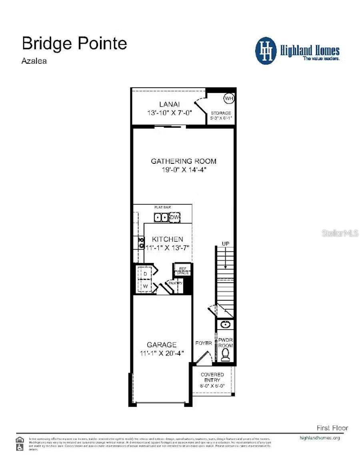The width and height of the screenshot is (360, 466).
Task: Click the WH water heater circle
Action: pyautogui.click(x=228, y=98)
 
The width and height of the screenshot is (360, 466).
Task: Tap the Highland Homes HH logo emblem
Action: pyautogui.click(x=266, y=51)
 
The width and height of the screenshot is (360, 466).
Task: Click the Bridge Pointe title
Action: pyautogui.click(x=74, y=43)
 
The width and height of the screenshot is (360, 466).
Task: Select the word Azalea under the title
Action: pyautogui.click(x=34, y=62)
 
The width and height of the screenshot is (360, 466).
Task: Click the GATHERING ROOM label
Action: pyautogui.click(x=184, y=161)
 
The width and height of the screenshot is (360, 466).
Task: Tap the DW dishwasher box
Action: pyautogui.click(x=175, y=217)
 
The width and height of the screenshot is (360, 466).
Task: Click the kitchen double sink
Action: pyautogui.click(x=162, y=217)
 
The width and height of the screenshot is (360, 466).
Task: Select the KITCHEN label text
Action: pyautogui.click(x=167, y=239)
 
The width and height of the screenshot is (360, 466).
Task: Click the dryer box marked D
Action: pyautogui.click(x=146, y=273)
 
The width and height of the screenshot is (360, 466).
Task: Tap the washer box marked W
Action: pyautogui.click(x=146, y=286)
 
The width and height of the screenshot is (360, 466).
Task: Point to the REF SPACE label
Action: pyautogui.click(x=182, y=271)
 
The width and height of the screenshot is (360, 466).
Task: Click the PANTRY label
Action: pyautogui.click(x=175, y=283)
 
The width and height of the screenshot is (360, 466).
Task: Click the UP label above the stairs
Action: pyautogui.click(x=226, y=243)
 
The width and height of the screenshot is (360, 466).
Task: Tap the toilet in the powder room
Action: pyautogui.click(x=226, y=354)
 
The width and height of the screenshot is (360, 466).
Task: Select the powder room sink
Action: pyautogui.click(x=225, y=325)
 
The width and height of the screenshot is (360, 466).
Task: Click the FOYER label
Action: pyautogui.click(x=204, y=343)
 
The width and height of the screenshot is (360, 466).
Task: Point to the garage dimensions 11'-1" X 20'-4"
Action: pyautogui.click(x=164, y=353)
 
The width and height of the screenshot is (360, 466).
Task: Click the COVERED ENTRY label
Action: pyautogui.click(x=212, y=377)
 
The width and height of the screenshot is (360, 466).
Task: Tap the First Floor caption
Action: pyautogui.click(x=332, y=428)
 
